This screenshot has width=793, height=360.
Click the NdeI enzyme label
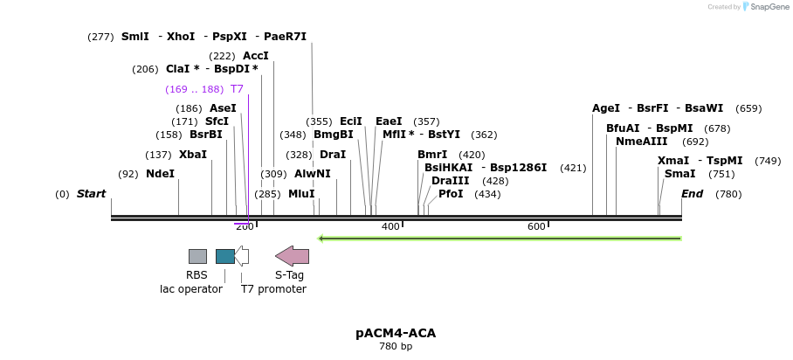click(x=160, y=174)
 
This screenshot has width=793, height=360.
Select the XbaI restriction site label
click(x=193, y=155)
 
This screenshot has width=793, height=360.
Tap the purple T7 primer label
click(x=237, y=89)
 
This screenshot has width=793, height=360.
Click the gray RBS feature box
click(x=197, y=256)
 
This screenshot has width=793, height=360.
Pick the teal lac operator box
click(x=224, y=256)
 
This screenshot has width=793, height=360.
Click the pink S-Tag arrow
click(x=292, y=256)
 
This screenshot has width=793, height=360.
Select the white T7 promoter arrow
click(x=242, y=256)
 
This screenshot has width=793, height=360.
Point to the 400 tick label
click(x=390, y=227)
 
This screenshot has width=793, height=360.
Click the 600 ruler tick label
click(x=536, y=227)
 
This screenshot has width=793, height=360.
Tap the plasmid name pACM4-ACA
click(x=396, y=333)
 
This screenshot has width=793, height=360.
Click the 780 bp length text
click(x=396, y=347)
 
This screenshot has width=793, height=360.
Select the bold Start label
click(x=91, y=194)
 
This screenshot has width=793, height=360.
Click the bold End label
click(x=692, y=194)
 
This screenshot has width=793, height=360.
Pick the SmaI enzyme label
click(x=679, y=174)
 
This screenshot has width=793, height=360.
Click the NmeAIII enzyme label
click(x=641, y=142)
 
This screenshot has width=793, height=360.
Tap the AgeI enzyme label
click(x=606, y=108)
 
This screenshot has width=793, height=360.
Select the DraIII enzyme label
click(x=450, y=181)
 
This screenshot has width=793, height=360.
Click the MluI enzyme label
click(x=301, y=194)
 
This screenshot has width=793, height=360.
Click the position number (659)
click(x=748, y=109)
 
